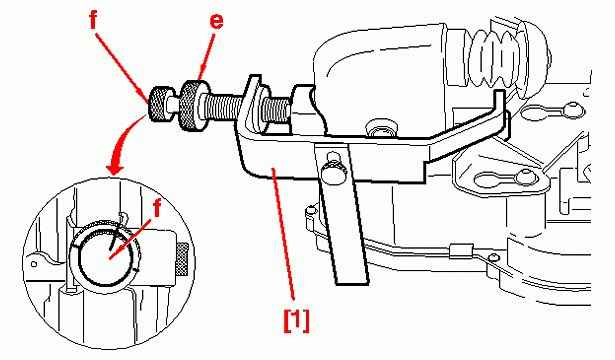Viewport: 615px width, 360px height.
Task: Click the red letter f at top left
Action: pyautogui.click(x=93, y=19)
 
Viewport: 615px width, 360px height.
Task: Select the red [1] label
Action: pyautogui.click(x=296, y=321)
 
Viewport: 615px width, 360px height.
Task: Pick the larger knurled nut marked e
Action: pyautogui.click(x=193, y=105)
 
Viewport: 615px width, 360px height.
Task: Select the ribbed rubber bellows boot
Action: pyautogui.click(x=495, y=59)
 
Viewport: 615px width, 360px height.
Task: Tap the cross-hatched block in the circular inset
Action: pyautogui.click(x=181, y=259)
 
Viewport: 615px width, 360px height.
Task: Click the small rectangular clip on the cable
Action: pyautogui.click(x=460, y=250)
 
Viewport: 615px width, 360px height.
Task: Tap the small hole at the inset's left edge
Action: pyautogui.click(x=34, y=264)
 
